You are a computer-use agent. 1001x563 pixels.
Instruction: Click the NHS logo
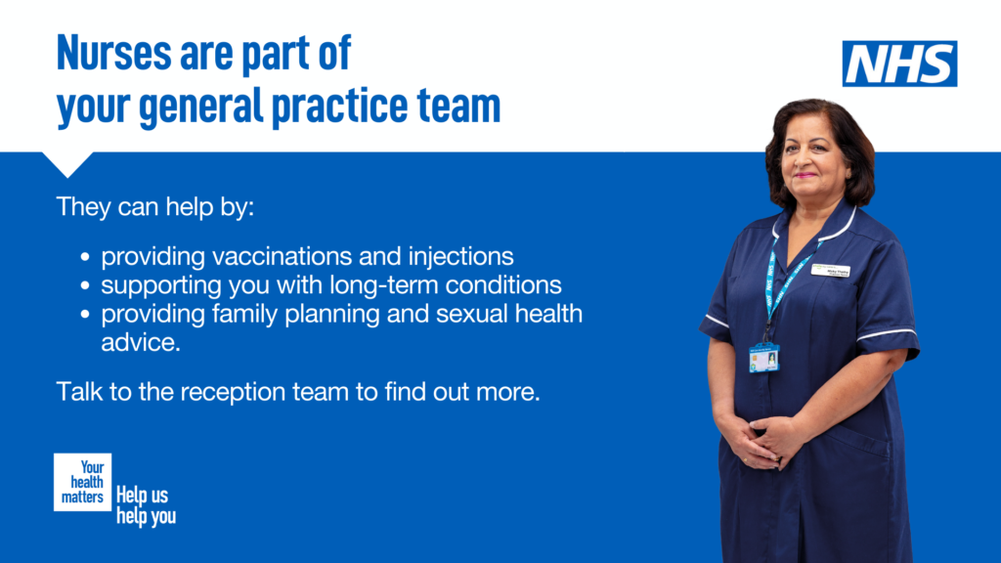[899, 64]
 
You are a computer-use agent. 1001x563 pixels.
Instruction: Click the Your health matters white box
[83, 482]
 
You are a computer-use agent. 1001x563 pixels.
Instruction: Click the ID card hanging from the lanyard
[763, 358]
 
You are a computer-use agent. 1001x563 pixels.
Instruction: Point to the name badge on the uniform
[830, 271]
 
